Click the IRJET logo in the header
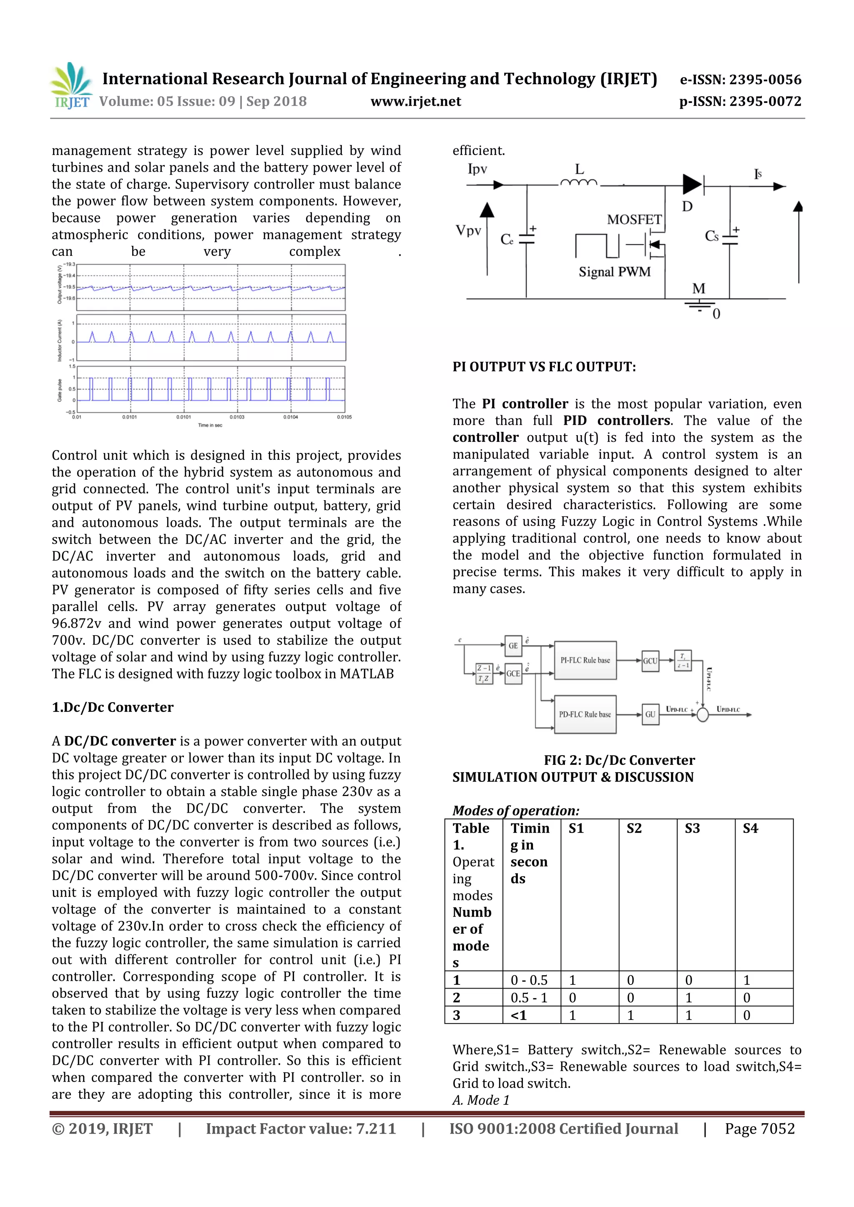[72, 86]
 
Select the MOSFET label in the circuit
[634, 219]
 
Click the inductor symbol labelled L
[579, 183]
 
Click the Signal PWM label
[614, 272]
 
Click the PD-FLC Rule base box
[585, 714]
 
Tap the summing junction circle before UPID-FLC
[703, 714]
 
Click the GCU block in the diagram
[650, 661]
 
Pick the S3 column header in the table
[692, 829]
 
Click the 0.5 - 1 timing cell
[529, 998]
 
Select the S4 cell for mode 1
[747, 980]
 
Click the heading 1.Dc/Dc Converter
[113, 708]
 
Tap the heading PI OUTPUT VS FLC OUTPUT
[544, 367]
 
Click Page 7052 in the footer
[759, 1129]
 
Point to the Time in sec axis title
[210, 425]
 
